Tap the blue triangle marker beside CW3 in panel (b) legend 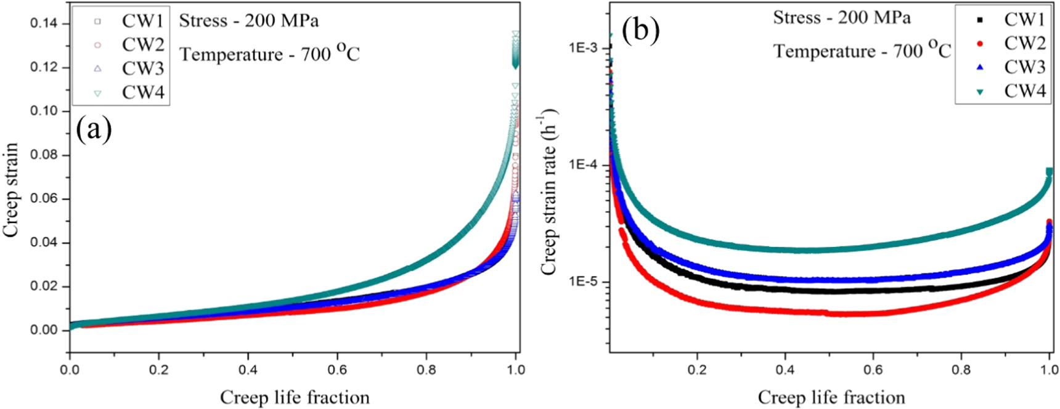click(x=980, y=67)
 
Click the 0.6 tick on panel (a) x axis click(x=337, y=370)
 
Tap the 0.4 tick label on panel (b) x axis click(x=785, y=370)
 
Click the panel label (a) click(x=94, y=130)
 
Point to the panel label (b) click(x=641, y=30)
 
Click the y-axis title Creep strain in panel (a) click(x=11, y=190)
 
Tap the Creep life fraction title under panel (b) click(x=831, y=397)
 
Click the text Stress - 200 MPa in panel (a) click(x=249, y=21)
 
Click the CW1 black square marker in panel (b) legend click(x=980, y=20)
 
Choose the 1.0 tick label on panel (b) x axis click(x=1049, y=370)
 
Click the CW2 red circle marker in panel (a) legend click(x=97, y=45)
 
